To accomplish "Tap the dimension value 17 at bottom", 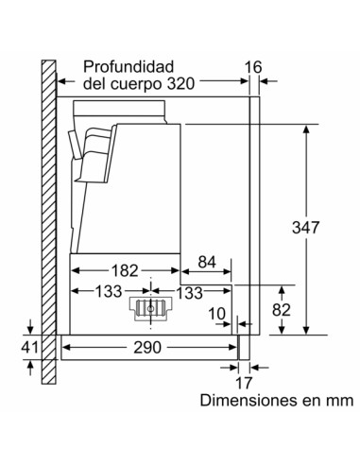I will point(245,384).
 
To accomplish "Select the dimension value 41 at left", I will point(29,348).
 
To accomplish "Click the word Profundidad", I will point(129,66).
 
